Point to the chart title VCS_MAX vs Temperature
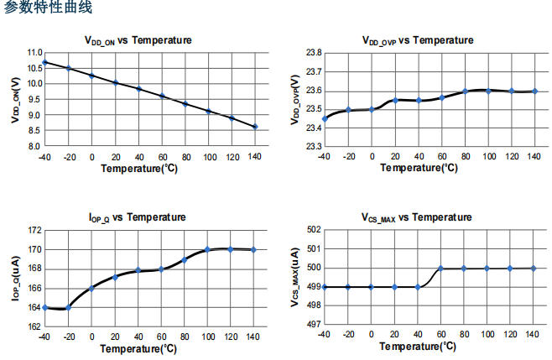[x=417, y=218]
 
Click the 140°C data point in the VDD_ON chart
[x=254, y=127]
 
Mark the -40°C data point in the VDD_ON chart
[x=44, y=62]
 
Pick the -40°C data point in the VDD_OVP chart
[x=324, y=118]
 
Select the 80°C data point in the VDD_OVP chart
[x=465, y=91]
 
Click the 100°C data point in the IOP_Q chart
[x=207, y=249]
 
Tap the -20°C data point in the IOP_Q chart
[x=68, y=308]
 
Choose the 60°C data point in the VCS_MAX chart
[x=441, y=269]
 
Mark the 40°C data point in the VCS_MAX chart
[x=418, y=287]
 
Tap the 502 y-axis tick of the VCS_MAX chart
[x=311, y=230]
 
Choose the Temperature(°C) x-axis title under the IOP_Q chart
[x=139, y=347]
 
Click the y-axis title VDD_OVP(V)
[x=294, y=100]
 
